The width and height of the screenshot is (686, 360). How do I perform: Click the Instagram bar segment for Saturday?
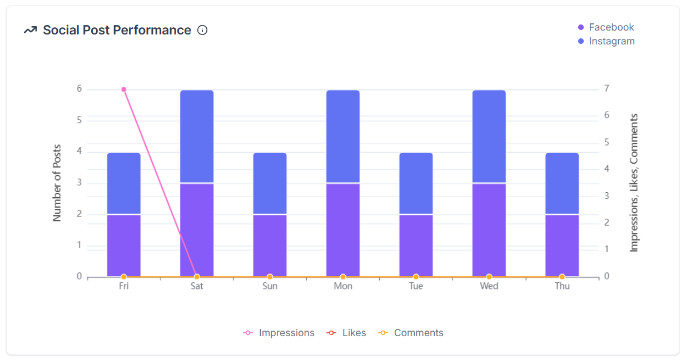197,136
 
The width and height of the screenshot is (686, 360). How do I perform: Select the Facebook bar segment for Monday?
343,229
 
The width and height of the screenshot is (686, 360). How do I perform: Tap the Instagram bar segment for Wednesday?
489,136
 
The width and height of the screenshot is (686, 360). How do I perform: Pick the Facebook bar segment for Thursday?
562,245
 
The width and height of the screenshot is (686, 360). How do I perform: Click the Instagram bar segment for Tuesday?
416,183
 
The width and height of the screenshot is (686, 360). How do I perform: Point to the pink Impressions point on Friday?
124,89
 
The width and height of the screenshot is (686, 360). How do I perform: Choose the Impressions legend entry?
279,333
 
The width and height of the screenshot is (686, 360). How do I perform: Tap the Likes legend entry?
347,333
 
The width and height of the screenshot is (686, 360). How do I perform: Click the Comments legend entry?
411,333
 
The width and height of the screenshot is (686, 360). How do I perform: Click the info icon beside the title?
202,30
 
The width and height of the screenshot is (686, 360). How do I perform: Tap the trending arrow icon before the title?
30,30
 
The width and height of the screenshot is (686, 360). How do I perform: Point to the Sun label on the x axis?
270,286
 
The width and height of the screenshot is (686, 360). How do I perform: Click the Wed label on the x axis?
489,286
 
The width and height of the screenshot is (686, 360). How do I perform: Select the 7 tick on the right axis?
607,89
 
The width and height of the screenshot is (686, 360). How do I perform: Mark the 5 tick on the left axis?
79,121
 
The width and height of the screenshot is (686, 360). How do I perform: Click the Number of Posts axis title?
57,183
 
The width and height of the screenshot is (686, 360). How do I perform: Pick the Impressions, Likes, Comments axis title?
634,183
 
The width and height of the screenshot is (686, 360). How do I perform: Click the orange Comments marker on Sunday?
270,277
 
